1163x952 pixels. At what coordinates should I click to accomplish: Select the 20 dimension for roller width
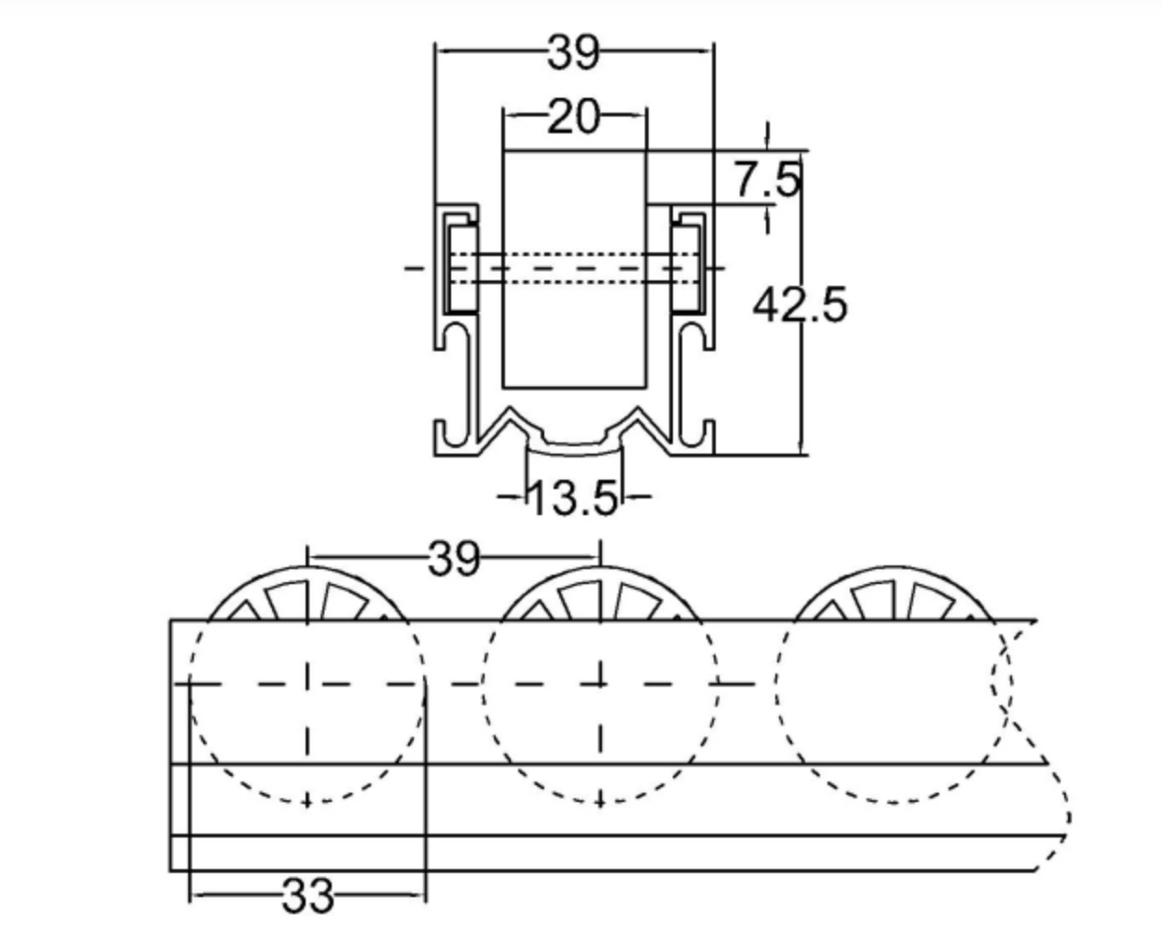tap(573, 117)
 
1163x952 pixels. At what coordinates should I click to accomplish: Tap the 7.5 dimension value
tap(766, 179)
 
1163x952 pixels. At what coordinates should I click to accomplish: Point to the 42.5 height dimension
tap(800, 305)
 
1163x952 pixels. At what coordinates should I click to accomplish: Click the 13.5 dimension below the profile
tap(573, 498)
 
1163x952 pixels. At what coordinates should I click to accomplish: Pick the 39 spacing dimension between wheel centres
tap(454, 559)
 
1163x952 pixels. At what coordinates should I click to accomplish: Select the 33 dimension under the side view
tap(307, 896)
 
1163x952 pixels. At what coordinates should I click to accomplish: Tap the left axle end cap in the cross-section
tap(460, 267)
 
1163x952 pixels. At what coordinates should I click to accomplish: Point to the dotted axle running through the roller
tap(574, 267)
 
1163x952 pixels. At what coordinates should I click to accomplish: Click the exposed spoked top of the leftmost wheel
tap(307, 596)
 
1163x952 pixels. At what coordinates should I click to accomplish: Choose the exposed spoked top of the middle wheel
tap(600, 596)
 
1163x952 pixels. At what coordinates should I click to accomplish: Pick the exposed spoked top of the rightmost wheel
tap(893, 596)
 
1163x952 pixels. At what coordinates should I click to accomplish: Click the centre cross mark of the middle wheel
tap(600, 683)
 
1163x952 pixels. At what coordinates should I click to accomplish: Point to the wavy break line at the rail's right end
tap(1034, 745)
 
